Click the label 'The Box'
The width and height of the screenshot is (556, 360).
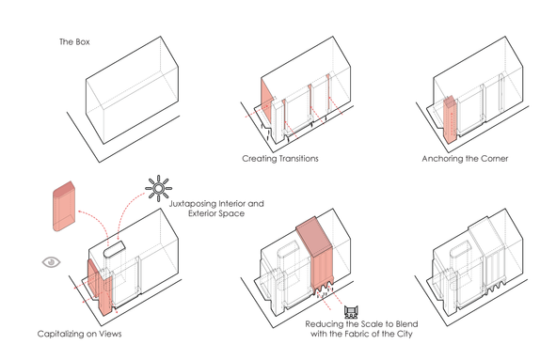pos(74,41)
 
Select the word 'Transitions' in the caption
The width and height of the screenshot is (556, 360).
pos(299,159)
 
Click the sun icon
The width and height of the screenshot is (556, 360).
pos(158,188)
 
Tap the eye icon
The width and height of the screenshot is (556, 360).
pos(52,262)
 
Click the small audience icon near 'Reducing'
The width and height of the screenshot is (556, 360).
pos(351,312)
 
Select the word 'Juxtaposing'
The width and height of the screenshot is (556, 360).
pos(192,204)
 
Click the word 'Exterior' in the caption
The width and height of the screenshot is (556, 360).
pos(202,213)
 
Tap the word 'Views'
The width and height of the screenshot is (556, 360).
pos(110,334)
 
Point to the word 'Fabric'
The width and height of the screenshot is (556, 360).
pos(373,334)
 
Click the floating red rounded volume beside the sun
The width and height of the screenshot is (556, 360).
pos(64,207)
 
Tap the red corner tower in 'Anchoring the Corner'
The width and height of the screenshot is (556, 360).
pos(451,119)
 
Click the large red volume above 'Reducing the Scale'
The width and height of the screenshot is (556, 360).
pos(315,254)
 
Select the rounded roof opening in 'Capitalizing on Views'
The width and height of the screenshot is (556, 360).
pos(114,248)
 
